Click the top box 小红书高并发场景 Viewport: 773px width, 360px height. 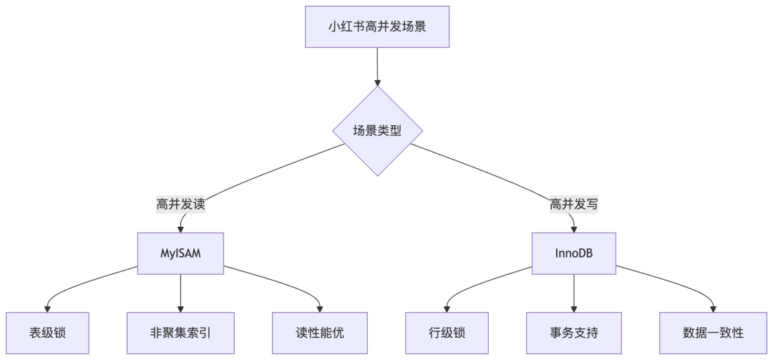pyautogui.click(x=377, y=27)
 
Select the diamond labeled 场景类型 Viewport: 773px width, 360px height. pyautogui.click(x=377, y=131)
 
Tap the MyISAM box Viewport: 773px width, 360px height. pyautogui.click(x=180, y=253)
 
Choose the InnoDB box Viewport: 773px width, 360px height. pyautogui.click(x=574, y=253)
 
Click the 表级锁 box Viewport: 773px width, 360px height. pyautogui.click(x=48, y=333)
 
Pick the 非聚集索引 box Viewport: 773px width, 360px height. pyautogui.click(x=180, y=333)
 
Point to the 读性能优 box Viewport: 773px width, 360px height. pyautogui.click(x=320, y=333)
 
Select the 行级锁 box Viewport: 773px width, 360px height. pyautogui.click(x=447, y=333)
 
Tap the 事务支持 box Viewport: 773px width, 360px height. pyautogui.click(x=574, y=333)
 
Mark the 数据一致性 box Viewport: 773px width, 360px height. pyautogui.click(x=713, y=333)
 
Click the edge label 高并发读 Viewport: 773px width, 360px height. pyautogui.click(x=180, y=205)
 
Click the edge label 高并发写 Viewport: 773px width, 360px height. pyautogui.click(x=574, y=205)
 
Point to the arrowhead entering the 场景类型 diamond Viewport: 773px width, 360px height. pyautogui.click(x=377, y=82)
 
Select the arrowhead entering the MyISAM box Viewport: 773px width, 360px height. pyautogui.click(x=180, y=228)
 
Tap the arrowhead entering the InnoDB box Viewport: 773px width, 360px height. pyautogui.click(x=574, y=228)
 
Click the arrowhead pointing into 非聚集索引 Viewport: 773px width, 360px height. pyautogui.click(x=180, y=308)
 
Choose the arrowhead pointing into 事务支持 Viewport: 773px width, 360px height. pyautogui.click(x=574, y=308)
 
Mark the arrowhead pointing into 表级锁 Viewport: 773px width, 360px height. pyautogui.click(x=48, y=308)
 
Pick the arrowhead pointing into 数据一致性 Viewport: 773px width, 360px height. pyautogui.click(x=713, y=308)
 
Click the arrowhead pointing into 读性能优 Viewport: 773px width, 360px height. pyautogui.click(x=320, y=308)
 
